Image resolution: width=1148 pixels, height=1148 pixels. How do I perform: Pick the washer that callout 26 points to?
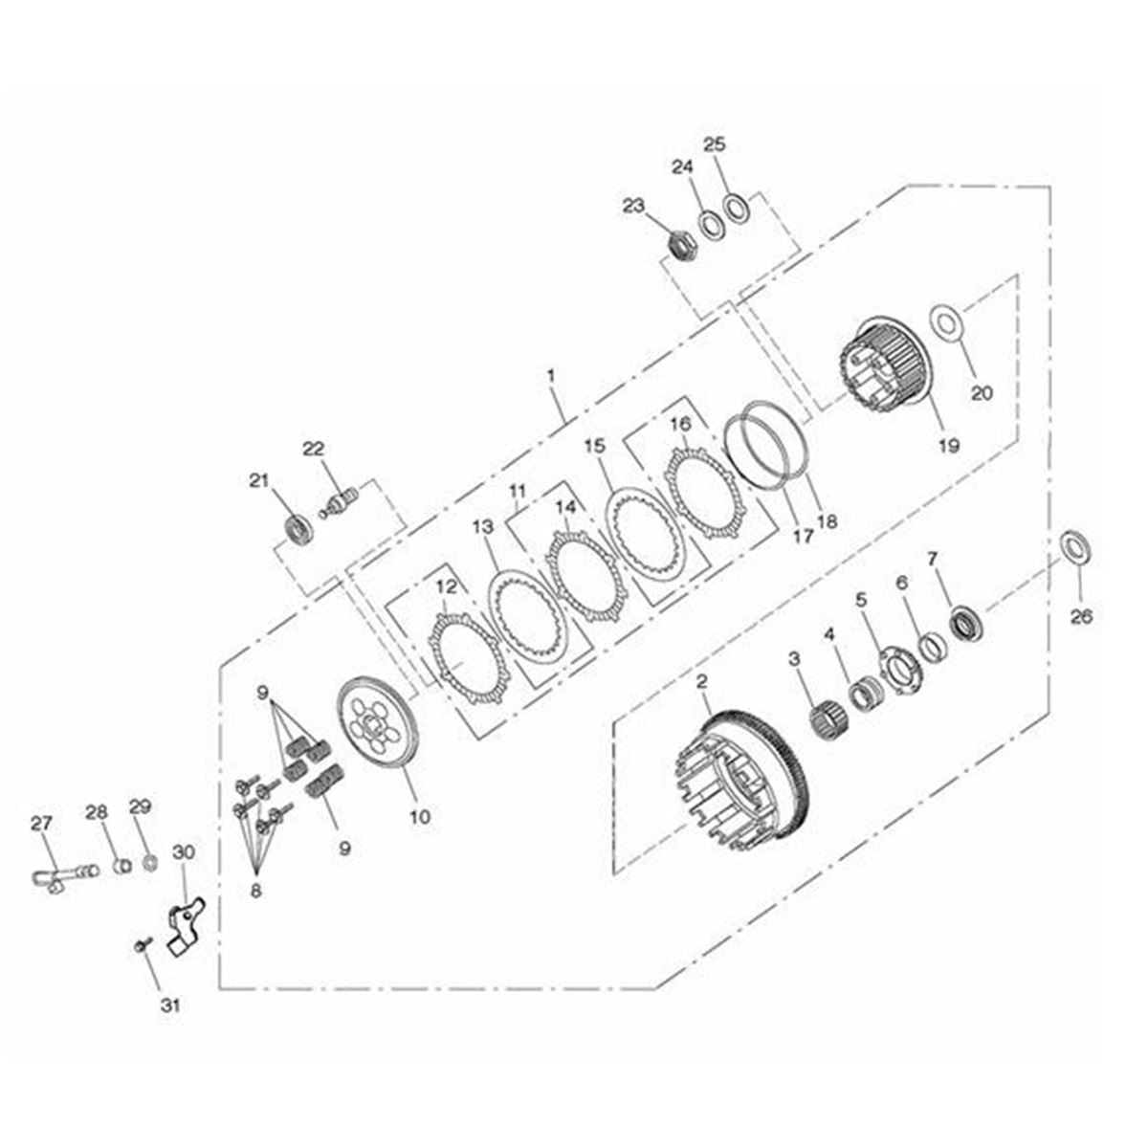click(x=1077, y=544)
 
